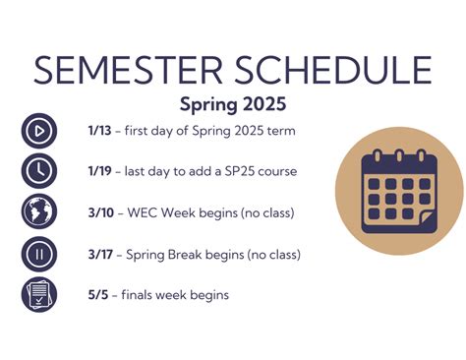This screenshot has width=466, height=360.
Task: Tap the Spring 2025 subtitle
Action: tap(232, 103)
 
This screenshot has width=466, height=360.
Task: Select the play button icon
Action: tap(39, 131)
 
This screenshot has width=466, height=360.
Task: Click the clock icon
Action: tap(39, 171)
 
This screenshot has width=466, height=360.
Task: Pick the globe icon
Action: tap(39, 212)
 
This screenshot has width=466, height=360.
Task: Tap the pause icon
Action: tap(39, 254)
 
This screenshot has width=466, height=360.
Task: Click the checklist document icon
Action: tap(39, 295)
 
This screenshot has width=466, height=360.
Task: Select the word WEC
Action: tap(142, 212)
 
